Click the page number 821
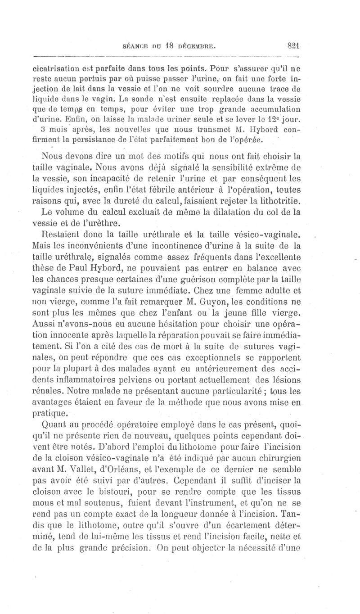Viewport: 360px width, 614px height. (x=294, y=45)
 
